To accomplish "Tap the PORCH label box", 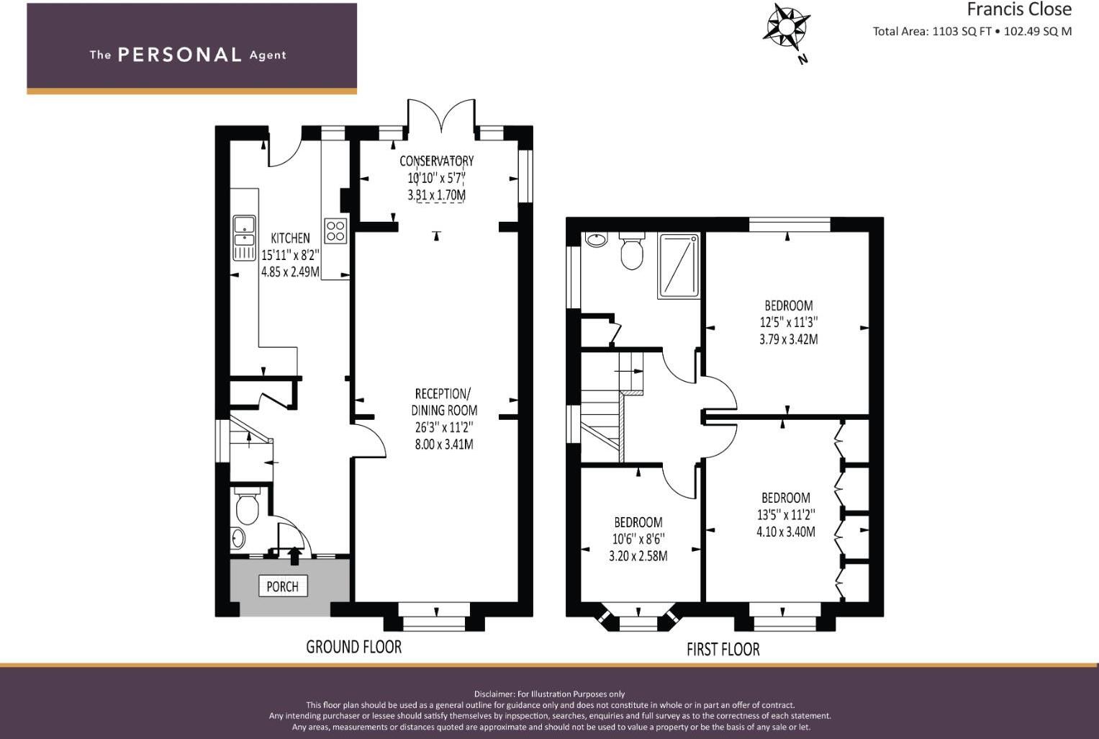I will pyautogui.click(x=283, y=586).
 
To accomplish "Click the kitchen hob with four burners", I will pyautogui.click(x=335, y=230).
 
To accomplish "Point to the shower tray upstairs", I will pyautogui.click(x=678, y=265).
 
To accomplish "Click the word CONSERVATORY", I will pyautogui.click(x=437, y=161).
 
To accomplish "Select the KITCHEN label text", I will pyautogui.click(x=290, y=238).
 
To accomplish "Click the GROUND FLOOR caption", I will pyautogui.click(x=353, y=647).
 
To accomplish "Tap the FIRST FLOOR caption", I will pyautogui.click(x=723, y=650).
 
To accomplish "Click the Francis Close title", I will pyautogui.click(x=1018, y=9).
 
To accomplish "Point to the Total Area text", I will pyautogui.click(x=972, y=31).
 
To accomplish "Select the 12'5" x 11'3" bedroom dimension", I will pyautogui.click(x=788, y=322).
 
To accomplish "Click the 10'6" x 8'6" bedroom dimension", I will pyautogui.click(x=638, y=539).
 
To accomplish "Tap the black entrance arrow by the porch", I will pyautogui.click(x=294, y=555).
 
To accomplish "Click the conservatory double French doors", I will pyautogui.click(x=441, y=116).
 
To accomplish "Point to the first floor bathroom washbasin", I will pyautogui.click(x=596, y=239).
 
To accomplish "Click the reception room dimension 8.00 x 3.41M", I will pyautogui.click(x=444, y=444).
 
